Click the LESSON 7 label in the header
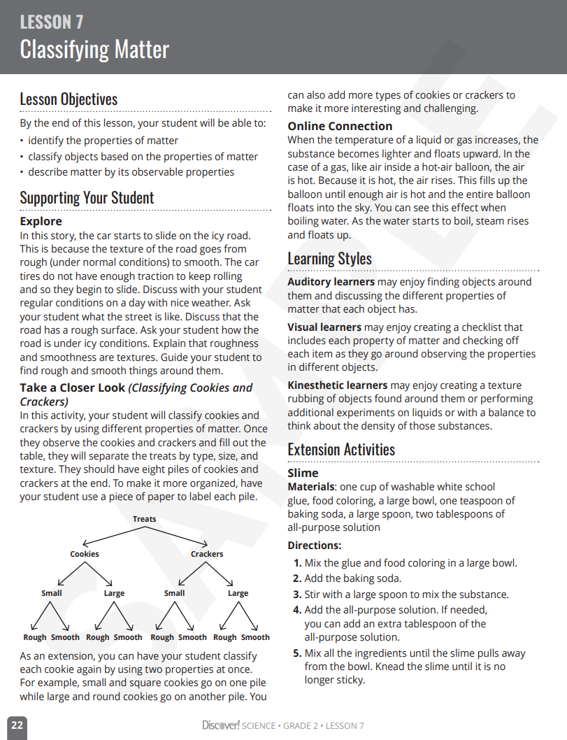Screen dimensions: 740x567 click(x=52, y=22)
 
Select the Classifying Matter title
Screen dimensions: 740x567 click(x=94, y=50)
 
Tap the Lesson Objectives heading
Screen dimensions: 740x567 click(x=69, y=99)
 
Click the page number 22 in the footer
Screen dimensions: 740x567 click(x=17, y=725)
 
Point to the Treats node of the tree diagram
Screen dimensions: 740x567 click(x=145, y=519)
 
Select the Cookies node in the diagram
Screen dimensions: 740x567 click(x=85, y=554)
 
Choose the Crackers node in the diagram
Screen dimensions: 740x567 click(x=207, y=554)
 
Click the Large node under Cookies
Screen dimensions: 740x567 click(x=114, y=593)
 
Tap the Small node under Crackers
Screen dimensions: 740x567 click(x=174, y=593)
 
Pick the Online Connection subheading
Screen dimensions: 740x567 click(x=340, y=126)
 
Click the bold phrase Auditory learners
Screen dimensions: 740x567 click(x=331, y=282)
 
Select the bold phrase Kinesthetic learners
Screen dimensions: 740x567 click(x=337, y=385)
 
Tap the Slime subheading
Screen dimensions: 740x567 click(x=303, y=473)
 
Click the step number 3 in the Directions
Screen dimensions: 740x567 click(x=297, y=595)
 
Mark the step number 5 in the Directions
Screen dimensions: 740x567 click(x=297, y=653)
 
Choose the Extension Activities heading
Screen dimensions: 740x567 click(x=341, y=449)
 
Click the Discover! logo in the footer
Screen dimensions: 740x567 click(x=220, y=725)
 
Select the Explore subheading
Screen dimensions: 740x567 click(x=41, y=221)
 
